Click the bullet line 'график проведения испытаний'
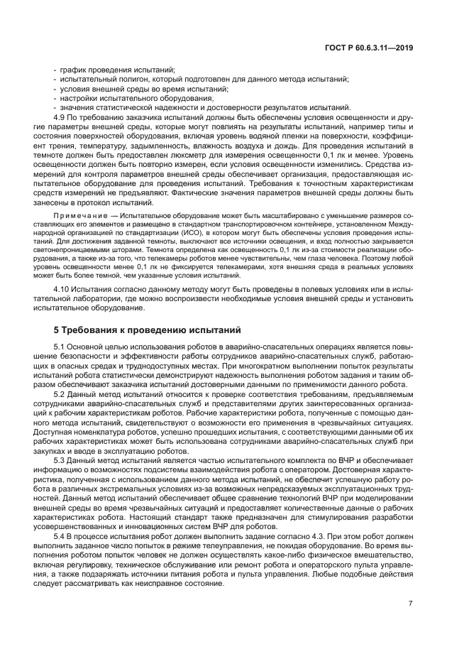[x=117, y=70]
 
